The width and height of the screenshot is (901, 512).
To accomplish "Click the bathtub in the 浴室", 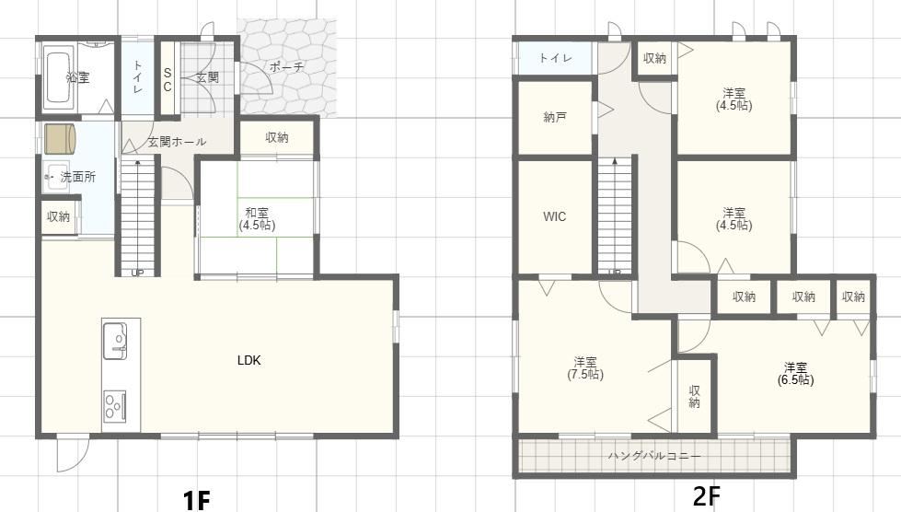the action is (57, 78).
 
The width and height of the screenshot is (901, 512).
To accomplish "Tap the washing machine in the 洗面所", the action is (61, 138).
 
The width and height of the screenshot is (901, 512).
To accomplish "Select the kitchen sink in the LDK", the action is (115, 341).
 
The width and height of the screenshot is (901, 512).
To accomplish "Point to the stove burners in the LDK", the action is (115, 406).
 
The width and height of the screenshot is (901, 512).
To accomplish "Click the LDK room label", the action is (249, 360).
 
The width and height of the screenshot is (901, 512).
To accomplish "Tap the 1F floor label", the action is (197, 500).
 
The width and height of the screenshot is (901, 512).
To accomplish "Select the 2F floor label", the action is (706, 495).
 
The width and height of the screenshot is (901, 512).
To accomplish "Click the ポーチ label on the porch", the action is (286, 66).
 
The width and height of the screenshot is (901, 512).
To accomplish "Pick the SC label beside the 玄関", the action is (167, 80).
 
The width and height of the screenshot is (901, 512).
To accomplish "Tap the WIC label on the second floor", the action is (555, 216).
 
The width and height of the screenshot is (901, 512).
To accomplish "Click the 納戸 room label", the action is (555, 117).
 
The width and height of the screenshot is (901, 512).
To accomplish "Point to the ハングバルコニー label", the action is (654, 456).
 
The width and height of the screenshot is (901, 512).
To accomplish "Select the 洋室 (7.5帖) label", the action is (585, 368).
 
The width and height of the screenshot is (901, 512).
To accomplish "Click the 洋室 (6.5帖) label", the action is (796, 374).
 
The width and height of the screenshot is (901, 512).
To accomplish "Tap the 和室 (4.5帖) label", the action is (258, 219).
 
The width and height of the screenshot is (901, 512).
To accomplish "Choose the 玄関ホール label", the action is (177, 142).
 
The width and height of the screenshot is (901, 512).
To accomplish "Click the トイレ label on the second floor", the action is (555, 58).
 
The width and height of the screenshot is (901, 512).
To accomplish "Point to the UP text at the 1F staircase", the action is (137, 273).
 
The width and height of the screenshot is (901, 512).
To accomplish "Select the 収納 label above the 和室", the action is (277, 137).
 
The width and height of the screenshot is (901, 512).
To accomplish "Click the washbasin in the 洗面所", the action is (57, 177).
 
